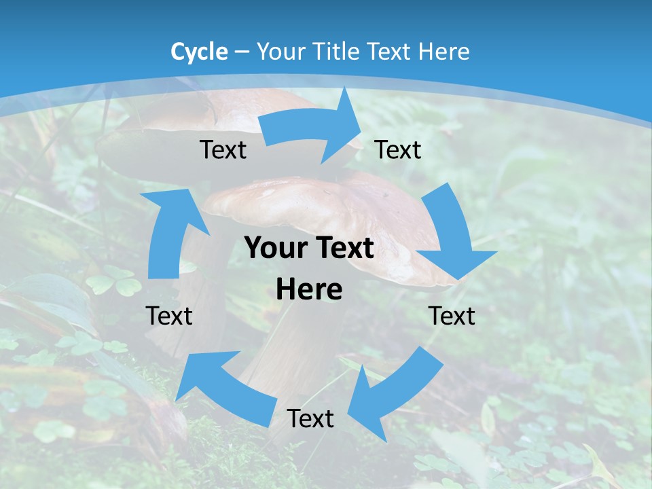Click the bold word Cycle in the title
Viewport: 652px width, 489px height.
[x=199, y=52]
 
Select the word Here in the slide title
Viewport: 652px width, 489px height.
[x=444, y=52]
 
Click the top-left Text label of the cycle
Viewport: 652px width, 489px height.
[x=223, y=149]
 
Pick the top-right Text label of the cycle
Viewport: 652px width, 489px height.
[x=398, y=149]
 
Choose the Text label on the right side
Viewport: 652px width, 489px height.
[x=452, y=316]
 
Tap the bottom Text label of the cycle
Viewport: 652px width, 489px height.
[x=310, y=418]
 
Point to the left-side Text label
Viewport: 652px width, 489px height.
[x=169, y=316]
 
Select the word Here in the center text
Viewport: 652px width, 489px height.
[x=309, y=289]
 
